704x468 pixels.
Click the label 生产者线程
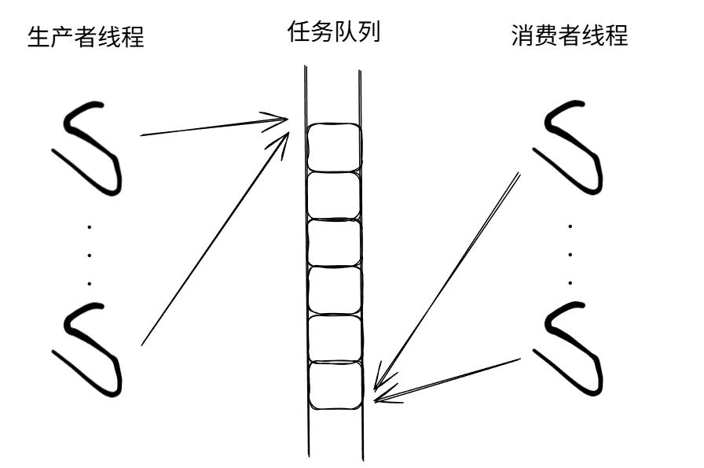click(x=86, y=36)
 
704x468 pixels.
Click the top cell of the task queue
click(x=334, y=148)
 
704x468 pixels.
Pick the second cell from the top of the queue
click(x=334, y=196)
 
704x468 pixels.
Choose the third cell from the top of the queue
click(x=334, y=243)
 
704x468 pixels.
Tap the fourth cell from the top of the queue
click(x=334, y=290)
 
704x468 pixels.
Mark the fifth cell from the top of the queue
click(x=334, y=337)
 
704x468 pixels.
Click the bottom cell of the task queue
click(x=334, y=385)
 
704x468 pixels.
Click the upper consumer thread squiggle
click(x=574, y=146)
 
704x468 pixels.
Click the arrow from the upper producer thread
click(x=212, y=127)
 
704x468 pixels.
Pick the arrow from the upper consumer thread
click(x=448, y=279)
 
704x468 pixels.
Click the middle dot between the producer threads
click(x=90, y=254)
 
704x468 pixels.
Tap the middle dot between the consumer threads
click(x=570, y=254)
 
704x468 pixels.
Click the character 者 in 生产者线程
click(x=86, y=36)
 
